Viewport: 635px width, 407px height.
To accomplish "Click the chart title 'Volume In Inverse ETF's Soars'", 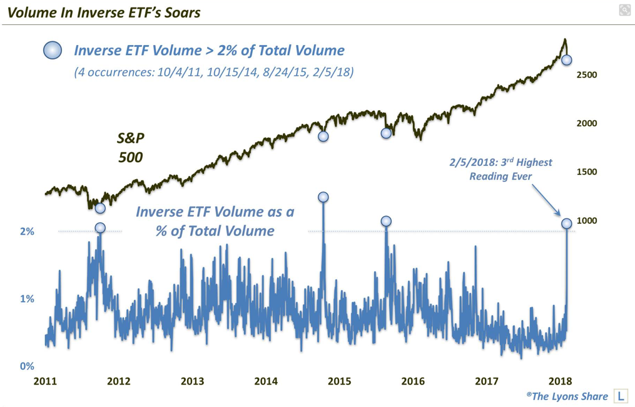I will pos(104,13).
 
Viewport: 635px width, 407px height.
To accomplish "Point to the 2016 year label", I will pos(413,381).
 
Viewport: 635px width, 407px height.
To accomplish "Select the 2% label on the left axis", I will pos(26,232).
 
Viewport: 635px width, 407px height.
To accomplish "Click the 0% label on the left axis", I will pos(26,366).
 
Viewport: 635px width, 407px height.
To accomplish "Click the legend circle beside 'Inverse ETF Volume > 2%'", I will pos(53,50).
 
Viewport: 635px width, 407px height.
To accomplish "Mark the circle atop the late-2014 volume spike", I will pos(323,197).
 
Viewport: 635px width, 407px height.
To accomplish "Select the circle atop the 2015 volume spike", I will pos(386,221).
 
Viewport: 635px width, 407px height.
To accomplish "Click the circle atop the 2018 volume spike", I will pos(567,224).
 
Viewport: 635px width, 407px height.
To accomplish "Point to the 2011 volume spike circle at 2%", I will pos(100,228).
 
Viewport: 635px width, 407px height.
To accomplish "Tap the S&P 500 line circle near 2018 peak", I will pos(567,60).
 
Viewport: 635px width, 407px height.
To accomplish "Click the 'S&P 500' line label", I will pos(130,147).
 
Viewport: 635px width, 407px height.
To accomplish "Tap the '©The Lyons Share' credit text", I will pos(567,396).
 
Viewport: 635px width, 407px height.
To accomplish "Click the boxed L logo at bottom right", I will pos(621,396).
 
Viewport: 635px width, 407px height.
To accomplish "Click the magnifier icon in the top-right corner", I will pos(624,9).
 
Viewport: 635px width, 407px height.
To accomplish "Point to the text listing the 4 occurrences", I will pos(213,73).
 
